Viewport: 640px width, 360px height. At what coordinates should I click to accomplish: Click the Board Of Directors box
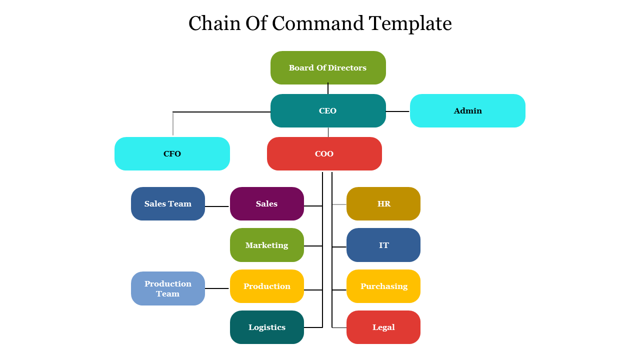click(x=328, y=67)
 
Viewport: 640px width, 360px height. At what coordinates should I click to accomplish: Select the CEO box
click(x=328, y=110)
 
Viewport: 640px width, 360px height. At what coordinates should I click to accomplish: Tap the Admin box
click(x=467, y=110)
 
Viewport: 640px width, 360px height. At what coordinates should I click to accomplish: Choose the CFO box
click(x=172, y=153)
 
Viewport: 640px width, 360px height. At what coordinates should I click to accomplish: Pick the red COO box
click(x=324, y=153)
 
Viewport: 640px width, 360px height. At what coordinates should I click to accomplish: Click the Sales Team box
click(x=168, y=203)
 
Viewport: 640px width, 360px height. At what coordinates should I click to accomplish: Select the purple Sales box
click(x=266, y=203)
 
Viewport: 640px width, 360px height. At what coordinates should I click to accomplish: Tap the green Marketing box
click(x=266, y=245)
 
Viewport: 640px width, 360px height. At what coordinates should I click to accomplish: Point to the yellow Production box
click(x=266, y=286)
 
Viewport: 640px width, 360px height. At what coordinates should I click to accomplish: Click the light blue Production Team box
click(x=168, y=288)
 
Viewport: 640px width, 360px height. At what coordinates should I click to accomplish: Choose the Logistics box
click(x=266, y=327)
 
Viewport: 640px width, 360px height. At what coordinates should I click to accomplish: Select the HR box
click(x=383, y=203)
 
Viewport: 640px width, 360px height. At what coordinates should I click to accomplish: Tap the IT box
click(x=383, y=245)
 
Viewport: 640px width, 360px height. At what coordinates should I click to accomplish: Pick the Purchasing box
click(x=383, y=286)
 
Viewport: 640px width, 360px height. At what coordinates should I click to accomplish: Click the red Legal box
click(x=383, y=327)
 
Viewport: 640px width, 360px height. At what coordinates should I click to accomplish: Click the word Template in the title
click(x=410, y=23)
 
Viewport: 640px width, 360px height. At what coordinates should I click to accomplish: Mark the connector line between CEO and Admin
click(x=398, y=111)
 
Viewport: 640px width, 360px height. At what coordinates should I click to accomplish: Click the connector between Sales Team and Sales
click(x=217, y=206)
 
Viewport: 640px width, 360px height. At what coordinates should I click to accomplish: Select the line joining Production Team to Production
click(x=217, y=288)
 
